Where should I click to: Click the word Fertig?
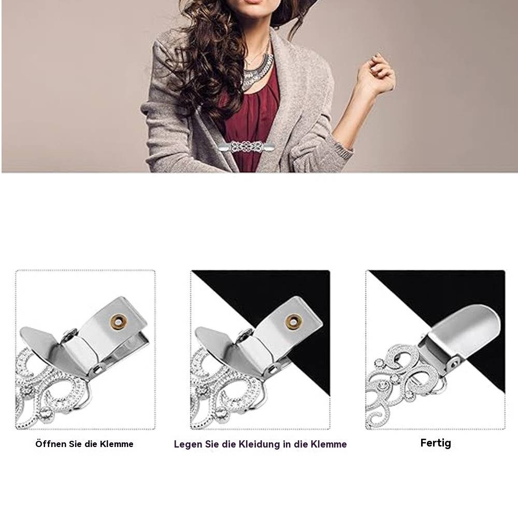tap(436, 443)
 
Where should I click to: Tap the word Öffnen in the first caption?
tap(51, 444)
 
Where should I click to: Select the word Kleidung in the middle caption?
tap(257, 444)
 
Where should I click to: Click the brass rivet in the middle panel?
tap(293, 323)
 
